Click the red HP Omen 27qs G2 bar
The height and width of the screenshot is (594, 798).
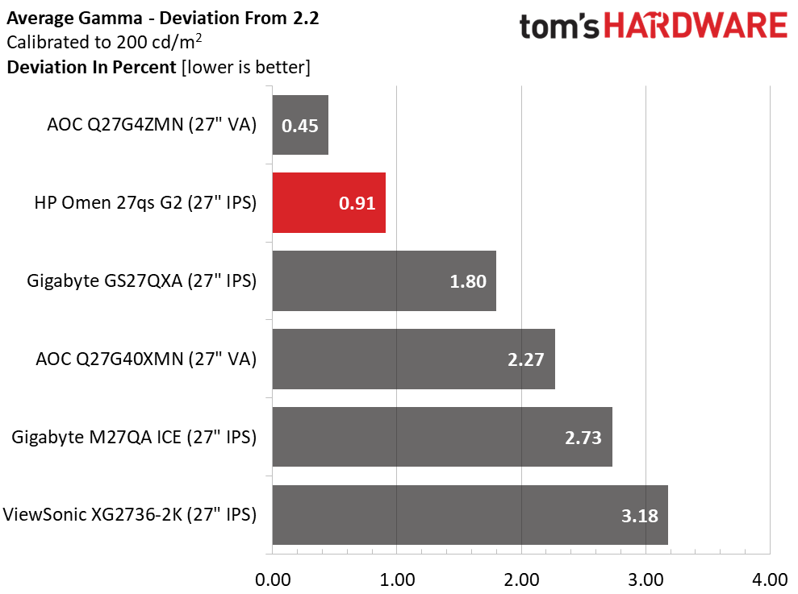click(328, 203)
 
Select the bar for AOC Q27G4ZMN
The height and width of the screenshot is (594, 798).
click(300, 125)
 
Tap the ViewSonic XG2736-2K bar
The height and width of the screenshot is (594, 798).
click(470, 515)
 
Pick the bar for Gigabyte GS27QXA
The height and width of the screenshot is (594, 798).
click(384, 281)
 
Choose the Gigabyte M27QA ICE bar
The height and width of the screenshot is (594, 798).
click(442, 437)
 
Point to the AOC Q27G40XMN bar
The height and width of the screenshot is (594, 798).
click(413, 359)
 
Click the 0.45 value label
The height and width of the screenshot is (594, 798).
click(299, 126)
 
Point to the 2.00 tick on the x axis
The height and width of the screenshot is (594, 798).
click(521, 579)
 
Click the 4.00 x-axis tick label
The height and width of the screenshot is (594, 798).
click(770, 579)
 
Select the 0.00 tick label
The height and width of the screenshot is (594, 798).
click(273, 579)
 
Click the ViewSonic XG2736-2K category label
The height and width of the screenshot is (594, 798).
click(130, 514)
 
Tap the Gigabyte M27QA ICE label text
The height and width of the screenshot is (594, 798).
click(134, 437)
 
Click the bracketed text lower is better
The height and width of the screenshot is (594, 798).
click(245, 67)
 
